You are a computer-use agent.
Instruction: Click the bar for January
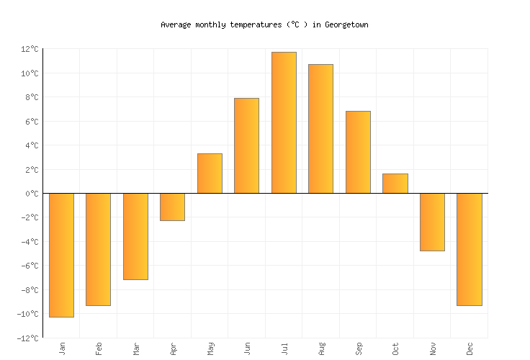(61, 255)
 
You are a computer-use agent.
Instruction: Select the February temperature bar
(98, 249)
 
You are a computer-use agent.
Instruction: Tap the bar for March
(135, 236)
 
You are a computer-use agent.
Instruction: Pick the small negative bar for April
(172, 207)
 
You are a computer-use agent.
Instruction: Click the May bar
(210, 174)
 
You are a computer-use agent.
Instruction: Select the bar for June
(246, 145)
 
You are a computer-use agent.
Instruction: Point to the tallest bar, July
(284, 122)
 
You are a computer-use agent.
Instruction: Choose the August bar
(320, 129)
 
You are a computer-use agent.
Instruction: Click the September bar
(358, 152)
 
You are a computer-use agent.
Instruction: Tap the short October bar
(395, 184)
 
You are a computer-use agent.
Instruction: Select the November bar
(432, 222)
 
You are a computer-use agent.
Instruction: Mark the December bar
(469, 249)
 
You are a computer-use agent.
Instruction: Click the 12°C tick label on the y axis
(30, 49)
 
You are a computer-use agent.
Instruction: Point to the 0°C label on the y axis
(32, 194)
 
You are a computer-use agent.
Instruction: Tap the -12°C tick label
(28, 338)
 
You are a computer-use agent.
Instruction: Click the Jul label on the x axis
(285, 348)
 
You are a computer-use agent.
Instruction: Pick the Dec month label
(470, 348)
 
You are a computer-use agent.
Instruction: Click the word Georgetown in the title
(346, 24)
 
